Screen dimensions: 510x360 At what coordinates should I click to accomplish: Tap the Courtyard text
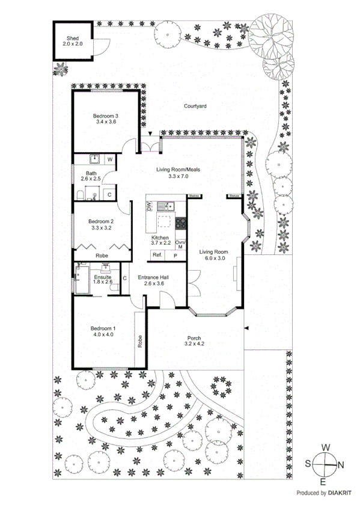pos(195,106)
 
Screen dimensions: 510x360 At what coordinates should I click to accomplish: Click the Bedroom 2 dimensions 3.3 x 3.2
pos(101,228)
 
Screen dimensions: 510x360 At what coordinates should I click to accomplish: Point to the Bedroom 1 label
pos(103,328)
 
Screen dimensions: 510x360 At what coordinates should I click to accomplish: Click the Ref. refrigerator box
pos(157,255)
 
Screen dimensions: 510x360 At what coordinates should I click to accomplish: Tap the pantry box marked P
pos(175,255)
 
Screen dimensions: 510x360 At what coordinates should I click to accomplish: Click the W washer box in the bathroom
pos(110,159)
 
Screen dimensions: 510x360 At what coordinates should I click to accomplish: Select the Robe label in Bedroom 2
pos(103,255)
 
